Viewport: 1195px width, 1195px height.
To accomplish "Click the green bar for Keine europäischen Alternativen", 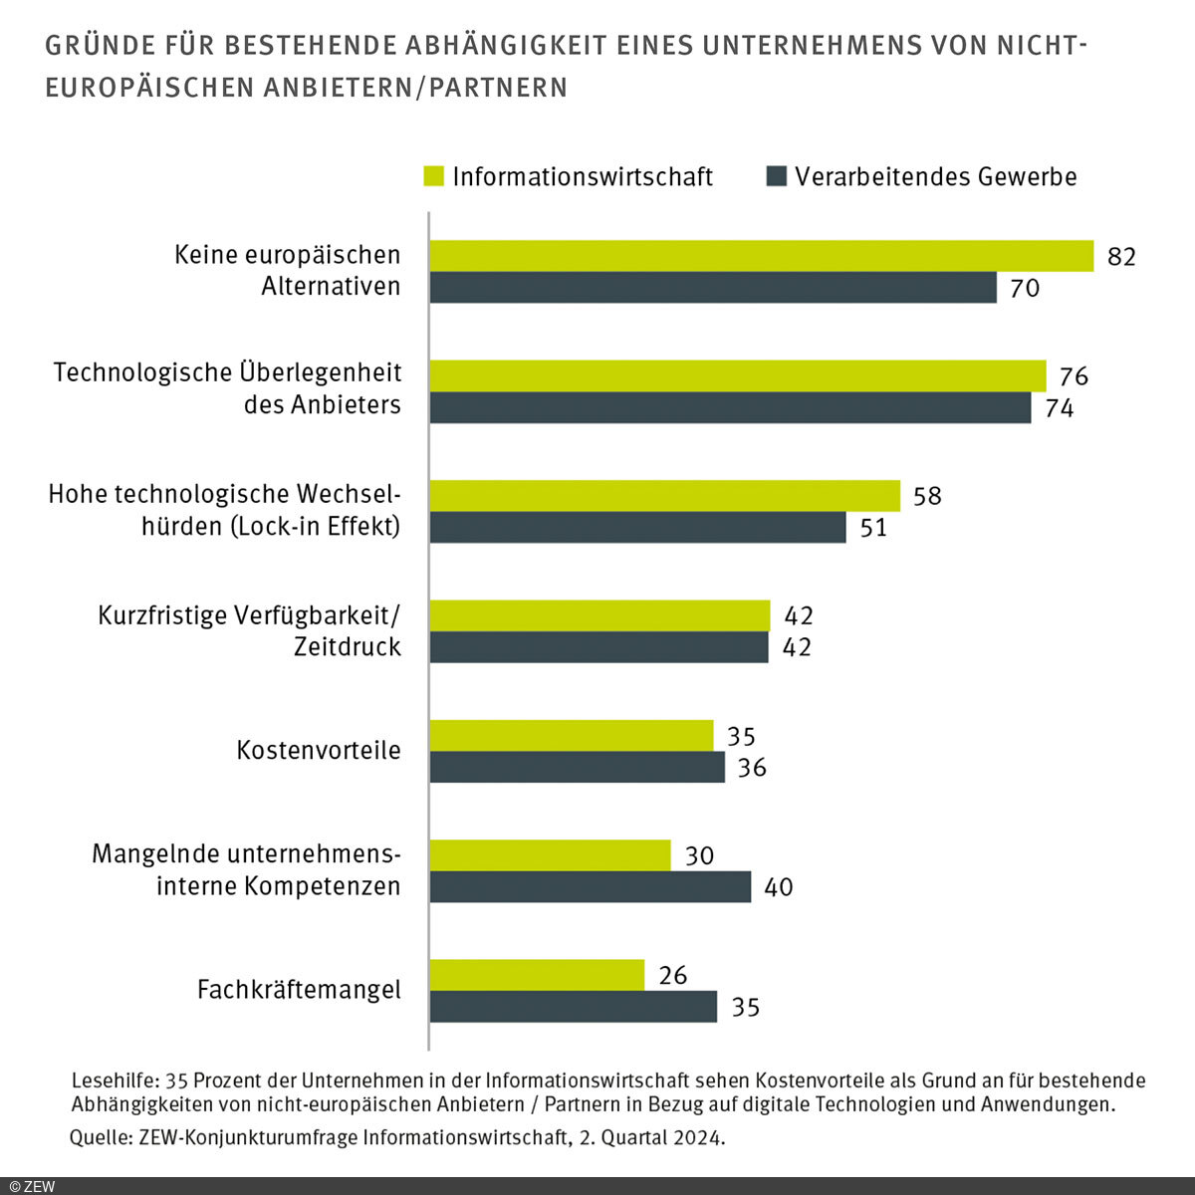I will (x=761, y=256).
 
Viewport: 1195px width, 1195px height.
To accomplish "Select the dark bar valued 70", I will (x=713, y=288).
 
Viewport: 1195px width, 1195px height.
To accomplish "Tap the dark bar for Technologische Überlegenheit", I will (x=730, y=408).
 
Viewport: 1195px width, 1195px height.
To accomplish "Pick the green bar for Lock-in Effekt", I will (x=664, y=496).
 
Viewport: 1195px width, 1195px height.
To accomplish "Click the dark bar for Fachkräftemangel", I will (x=573, y=1007).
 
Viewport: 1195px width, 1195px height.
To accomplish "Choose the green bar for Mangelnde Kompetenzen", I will (x=550, y=855).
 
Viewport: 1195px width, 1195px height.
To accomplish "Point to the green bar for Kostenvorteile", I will (x=572, y=736).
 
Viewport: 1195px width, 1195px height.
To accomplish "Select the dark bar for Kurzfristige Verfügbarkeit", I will (x=598, y=647).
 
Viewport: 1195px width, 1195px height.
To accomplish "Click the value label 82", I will (x=1121, y=257).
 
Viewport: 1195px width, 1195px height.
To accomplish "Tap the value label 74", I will (x=1060, y=408).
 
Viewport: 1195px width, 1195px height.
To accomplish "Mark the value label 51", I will (x=873, y=528).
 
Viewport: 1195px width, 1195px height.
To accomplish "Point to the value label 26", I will (x=673, y=975).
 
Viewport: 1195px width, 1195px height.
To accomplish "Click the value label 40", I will (x=779, y=887).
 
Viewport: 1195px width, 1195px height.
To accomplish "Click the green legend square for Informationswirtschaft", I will (x=433, y=176).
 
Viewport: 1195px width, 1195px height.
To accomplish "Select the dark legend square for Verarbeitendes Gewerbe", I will (x=776, y=176).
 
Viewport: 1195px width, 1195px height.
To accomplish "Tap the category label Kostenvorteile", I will (x=319, y=750).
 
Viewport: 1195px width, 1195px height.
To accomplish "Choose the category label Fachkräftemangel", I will (x=299, y=990).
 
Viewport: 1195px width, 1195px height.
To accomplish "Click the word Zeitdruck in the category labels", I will (x=348, y=647).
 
